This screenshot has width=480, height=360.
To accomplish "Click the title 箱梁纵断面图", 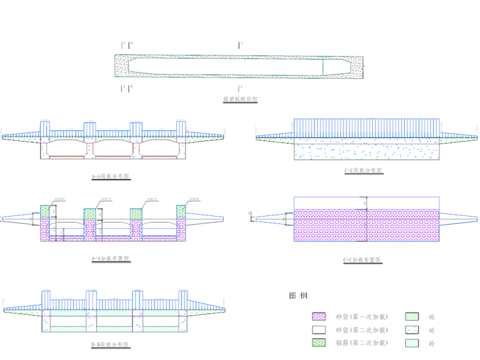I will [240, 99].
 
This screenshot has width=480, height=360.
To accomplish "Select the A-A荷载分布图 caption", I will [111, 177].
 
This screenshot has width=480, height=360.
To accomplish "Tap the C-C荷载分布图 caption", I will [363, 170].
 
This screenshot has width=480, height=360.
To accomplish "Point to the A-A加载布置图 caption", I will [111, 259].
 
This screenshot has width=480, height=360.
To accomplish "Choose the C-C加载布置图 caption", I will [363, 260].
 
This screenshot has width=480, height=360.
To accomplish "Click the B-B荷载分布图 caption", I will [111, 345].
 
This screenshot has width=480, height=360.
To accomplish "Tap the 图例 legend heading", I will [300, 296].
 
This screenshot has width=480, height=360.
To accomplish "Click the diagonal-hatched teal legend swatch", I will [412, 343].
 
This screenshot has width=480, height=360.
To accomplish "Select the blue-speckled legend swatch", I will [412, 330].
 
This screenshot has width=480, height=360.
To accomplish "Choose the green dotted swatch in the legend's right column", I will [412, 317].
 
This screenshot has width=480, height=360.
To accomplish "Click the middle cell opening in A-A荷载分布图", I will [113, 148].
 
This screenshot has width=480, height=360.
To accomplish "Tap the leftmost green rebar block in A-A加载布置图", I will [45, 211].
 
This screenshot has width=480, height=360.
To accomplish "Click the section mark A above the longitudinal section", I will [239, 44].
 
